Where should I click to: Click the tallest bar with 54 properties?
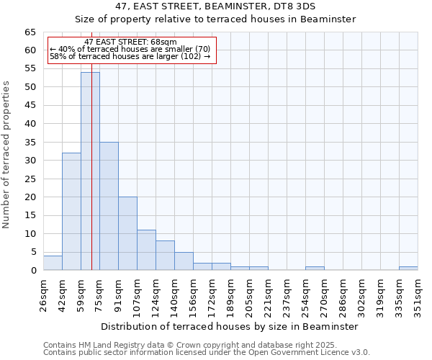tap(90, 171)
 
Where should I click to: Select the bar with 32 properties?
tap(71, 212)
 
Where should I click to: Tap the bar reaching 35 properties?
tap(109, 206)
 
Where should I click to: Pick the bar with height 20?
tap(127, 233)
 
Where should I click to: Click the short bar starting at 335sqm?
tap(408, 269)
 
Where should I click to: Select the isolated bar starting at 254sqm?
tap(315, 269)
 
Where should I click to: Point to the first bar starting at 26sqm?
tap(53, 263)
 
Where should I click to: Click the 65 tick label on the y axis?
tap(30, 32)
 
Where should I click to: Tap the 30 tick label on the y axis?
tap(30, 161)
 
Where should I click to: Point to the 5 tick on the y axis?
tap(33, 252)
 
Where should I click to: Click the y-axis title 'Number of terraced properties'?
tap(7, 154)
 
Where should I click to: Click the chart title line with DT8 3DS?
tap(216, 6)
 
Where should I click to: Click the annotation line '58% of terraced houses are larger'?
tap(130, 56)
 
